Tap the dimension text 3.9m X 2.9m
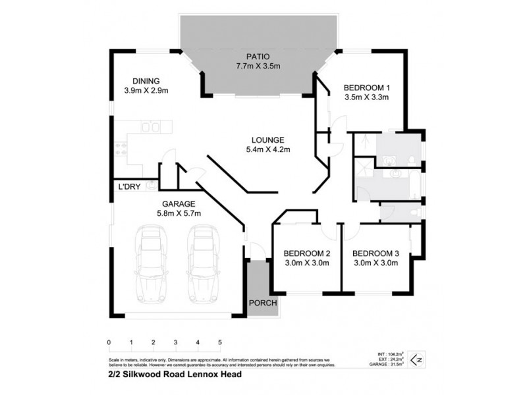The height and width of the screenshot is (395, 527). tap(147, 91)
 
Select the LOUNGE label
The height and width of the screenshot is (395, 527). tap(267, 140)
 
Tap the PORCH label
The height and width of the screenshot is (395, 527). tap(263, 303)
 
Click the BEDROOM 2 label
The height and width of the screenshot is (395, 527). tap(306, 253)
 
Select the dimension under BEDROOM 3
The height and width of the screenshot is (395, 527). tap(375, 263)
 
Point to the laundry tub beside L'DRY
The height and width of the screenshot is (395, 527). tap(151, 186)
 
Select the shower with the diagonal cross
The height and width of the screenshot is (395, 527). tap(364, 141)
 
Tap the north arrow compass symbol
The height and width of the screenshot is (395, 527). tap(415, 359)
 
